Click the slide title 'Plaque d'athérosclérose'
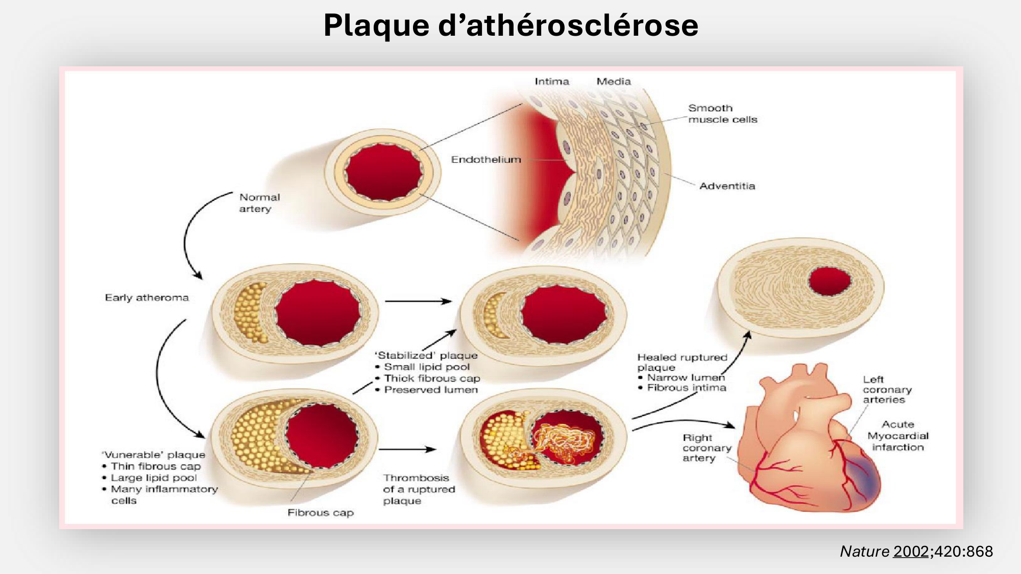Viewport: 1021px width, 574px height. point(510,26)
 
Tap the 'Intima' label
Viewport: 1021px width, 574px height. point(551,82)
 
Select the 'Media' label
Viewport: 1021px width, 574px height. point(614,82)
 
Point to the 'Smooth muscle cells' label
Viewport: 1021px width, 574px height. point(722,114)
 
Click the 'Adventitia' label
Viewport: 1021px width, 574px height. point(727,186)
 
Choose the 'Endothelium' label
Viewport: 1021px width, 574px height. point(486,160)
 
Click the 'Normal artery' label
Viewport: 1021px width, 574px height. point(259,203)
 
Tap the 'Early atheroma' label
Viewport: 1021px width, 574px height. point(147,297)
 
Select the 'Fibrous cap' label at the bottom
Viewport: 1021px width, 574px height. point(321,513)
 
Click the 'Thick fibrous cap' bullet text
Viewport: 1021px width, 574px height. point(432,379)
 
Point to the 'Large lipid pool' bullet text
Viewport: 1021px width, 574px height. point(154,478)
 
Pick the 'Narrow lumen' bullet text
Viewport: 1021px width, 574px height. point(686,378)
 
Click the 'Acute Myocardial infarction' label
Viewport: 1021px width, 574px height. point(898,436)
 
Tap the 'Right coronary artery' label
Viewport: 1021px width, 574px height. point(707,448)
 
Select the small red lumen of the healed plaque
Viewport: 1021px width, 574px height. point(830,281)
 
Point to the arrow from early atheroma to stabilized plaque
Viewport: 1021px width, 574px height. point(418,302)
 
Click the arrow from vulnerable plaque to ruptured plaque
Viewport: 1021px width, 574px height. point(407,450)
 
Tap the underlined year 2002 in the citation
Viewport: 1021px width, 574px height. point(911,552)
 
